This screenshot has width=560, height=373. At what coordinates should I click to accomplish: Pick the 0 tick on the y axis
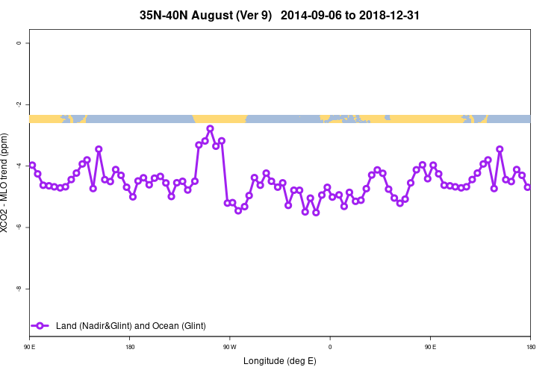coord(19,43)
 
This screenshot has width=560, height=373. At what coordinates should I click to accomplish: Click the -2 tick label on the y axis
coord(19,104)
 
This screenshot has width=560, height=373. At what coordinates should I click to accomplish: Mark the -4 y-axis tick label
coord(19,166)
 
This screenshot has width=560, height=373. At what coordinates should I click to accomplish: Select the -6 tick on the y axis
coord(19,227)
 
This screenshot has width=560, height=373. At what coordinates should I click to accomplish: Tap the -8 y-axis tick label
coord(19,289)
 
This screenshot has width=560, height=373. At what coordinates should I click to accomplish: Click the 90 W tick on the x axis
coord(229,347)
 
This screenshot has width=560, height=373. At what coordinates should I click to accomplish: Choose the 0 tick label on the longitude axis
coord(329,347)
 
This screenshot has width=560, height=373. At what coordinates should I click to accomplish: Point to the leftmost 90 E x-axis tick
coord(29,347)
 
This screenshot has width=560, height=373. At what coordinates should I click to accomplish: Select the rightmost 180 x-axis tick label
coord(530,347)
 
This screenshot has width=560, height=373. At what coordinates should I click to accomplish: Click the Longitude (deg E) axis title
coord(280,361)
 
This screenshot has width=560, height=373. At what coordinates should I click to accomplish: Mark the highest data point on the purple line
coord(210,128)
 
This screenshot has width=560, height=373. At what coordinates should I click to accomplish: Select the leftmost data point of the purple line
coord(32,165)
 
